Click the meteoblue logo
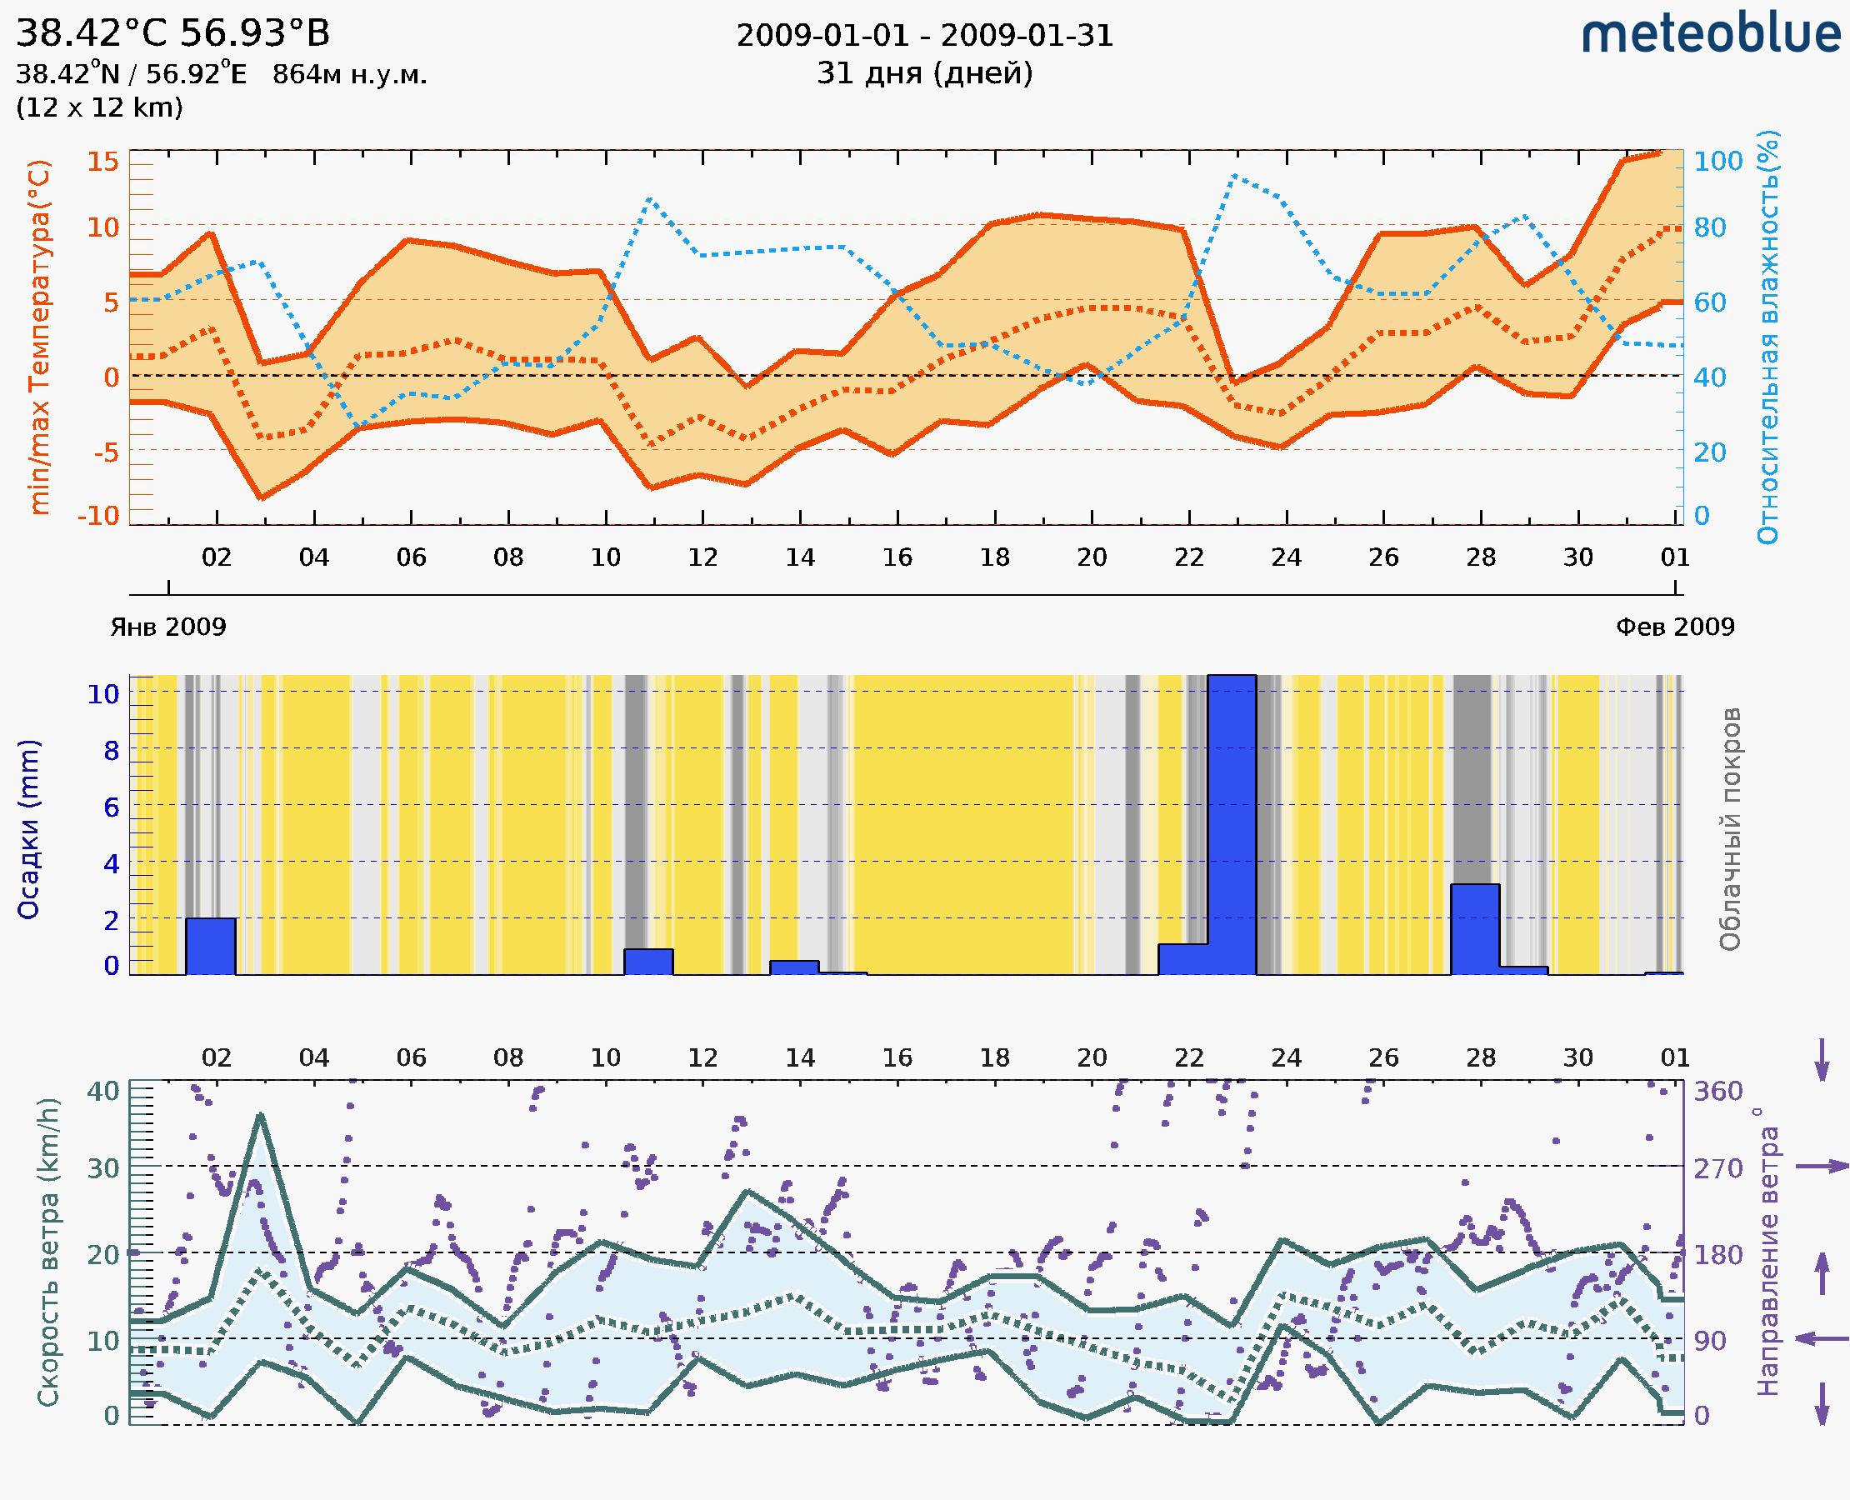[x=1711, y=34]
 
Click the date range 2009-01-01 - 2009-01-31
[x=924, y=36]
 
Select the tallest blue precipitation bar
[x=1232, y=825]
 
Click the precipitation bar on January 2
[x=211, y=946]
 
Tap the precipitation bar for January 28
[x=1475, y=929]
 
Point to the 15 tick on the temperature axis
[x=102, y=162]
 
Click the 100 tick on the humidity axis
[x=1717, y=162]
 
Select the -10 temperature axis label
[x=98, y=516]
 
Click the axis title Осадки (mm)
[x=28, y=829]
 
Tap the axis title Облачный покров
[x=1730, y=829]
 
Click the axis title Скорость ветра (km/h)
[x=48, y=1252]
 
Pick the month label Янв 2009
[x=167, y=627]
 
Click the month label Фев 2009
[x=1675, y=627]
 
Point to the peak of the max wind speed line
[x=261, y=1116]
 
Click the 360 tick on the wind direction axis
[x=1717, y=1092]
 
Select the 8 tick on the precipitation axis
[x=112, y=751]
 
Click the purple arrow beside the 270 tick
[x=1822, y=1167]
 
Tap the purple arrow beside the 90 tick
[x=1822, y=1338]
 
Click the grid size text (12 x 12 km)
[x=99, y=108]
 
